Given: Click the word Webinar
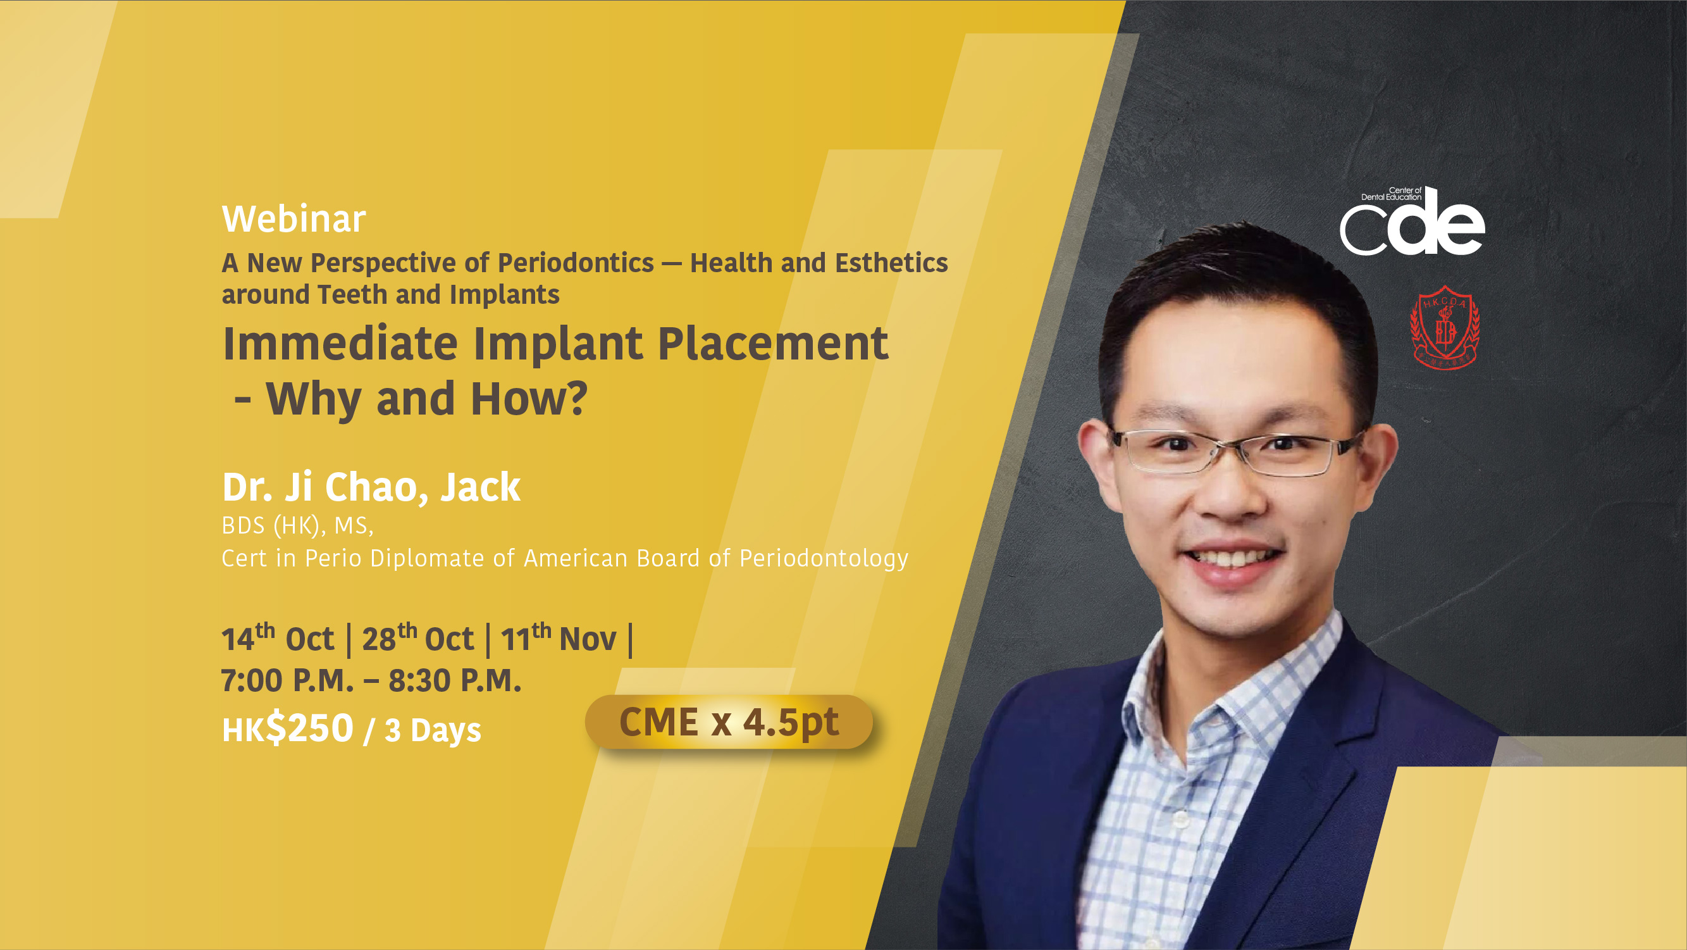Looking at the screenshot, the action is click(294, 219).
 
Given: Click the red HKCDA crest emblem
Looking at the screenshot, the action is click(1445, 327).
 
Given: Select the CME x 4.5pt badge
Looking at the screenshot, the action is click(728, 722).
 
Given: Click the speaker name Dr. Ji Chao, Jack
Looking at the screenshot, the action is click(371, 487).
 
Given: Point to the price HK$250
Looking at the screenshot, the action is click(288, 728).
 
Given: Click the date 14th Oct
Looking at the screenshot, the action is click(278, 638).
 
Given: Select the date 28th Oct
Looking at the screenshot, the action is click(418, 638).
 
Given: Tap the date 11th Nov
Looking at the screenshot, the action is click(559, 638).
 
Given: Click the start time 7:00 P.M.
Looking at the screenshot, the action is click(287, 680).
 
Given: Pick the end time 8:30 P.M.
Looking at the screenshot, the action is click(455, 680).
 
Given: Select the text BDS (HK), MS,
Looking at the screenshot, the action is click(297, 525).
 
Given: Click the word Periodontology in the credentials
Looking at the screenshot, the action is click(824, 558).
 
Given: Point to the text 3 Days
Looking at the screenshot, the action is click(433, 730).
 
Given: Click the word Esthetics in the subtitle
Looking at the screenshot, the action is click(891, 263).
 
